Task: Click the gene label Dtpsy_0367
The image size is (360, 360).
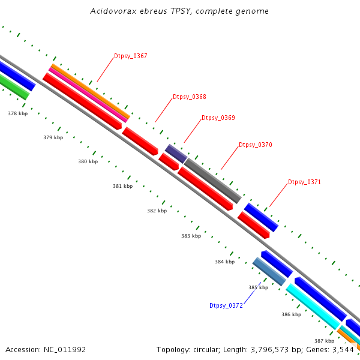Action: click(131, 56)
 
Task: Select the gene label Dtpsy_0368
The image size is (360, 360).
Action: click(190, 97)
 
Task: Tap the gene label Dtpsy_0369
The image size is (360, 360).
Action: click(218, 118)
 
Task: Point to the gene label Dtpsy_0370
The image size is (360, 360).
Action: click(256, 145)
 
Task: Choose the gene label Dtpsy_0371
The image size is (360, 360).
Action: click(305, 182)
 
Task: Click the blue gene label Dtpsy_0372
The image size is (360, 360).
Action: click(226, 305)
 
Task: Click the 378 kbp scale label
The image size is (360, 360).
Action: click(18, 113)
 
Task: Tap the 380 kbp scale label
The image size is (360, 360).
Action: click(88, 162)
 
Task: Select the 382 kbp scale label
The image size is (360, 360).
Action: click(157, 211)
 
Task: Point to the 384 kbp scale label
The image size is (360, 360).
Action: click(225, 262)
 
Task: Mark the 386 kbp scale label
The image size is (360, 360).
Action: click(291, 314)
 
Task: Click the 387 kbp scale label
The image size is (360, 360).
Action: click(324, 341)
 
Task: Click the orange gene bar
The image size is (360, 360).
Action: click(90, 91)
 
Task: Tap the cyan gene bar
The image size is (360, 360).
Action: click(313, 307)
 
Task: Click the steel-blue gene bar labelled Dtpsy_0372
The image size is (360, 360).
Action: click(269, 271)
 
